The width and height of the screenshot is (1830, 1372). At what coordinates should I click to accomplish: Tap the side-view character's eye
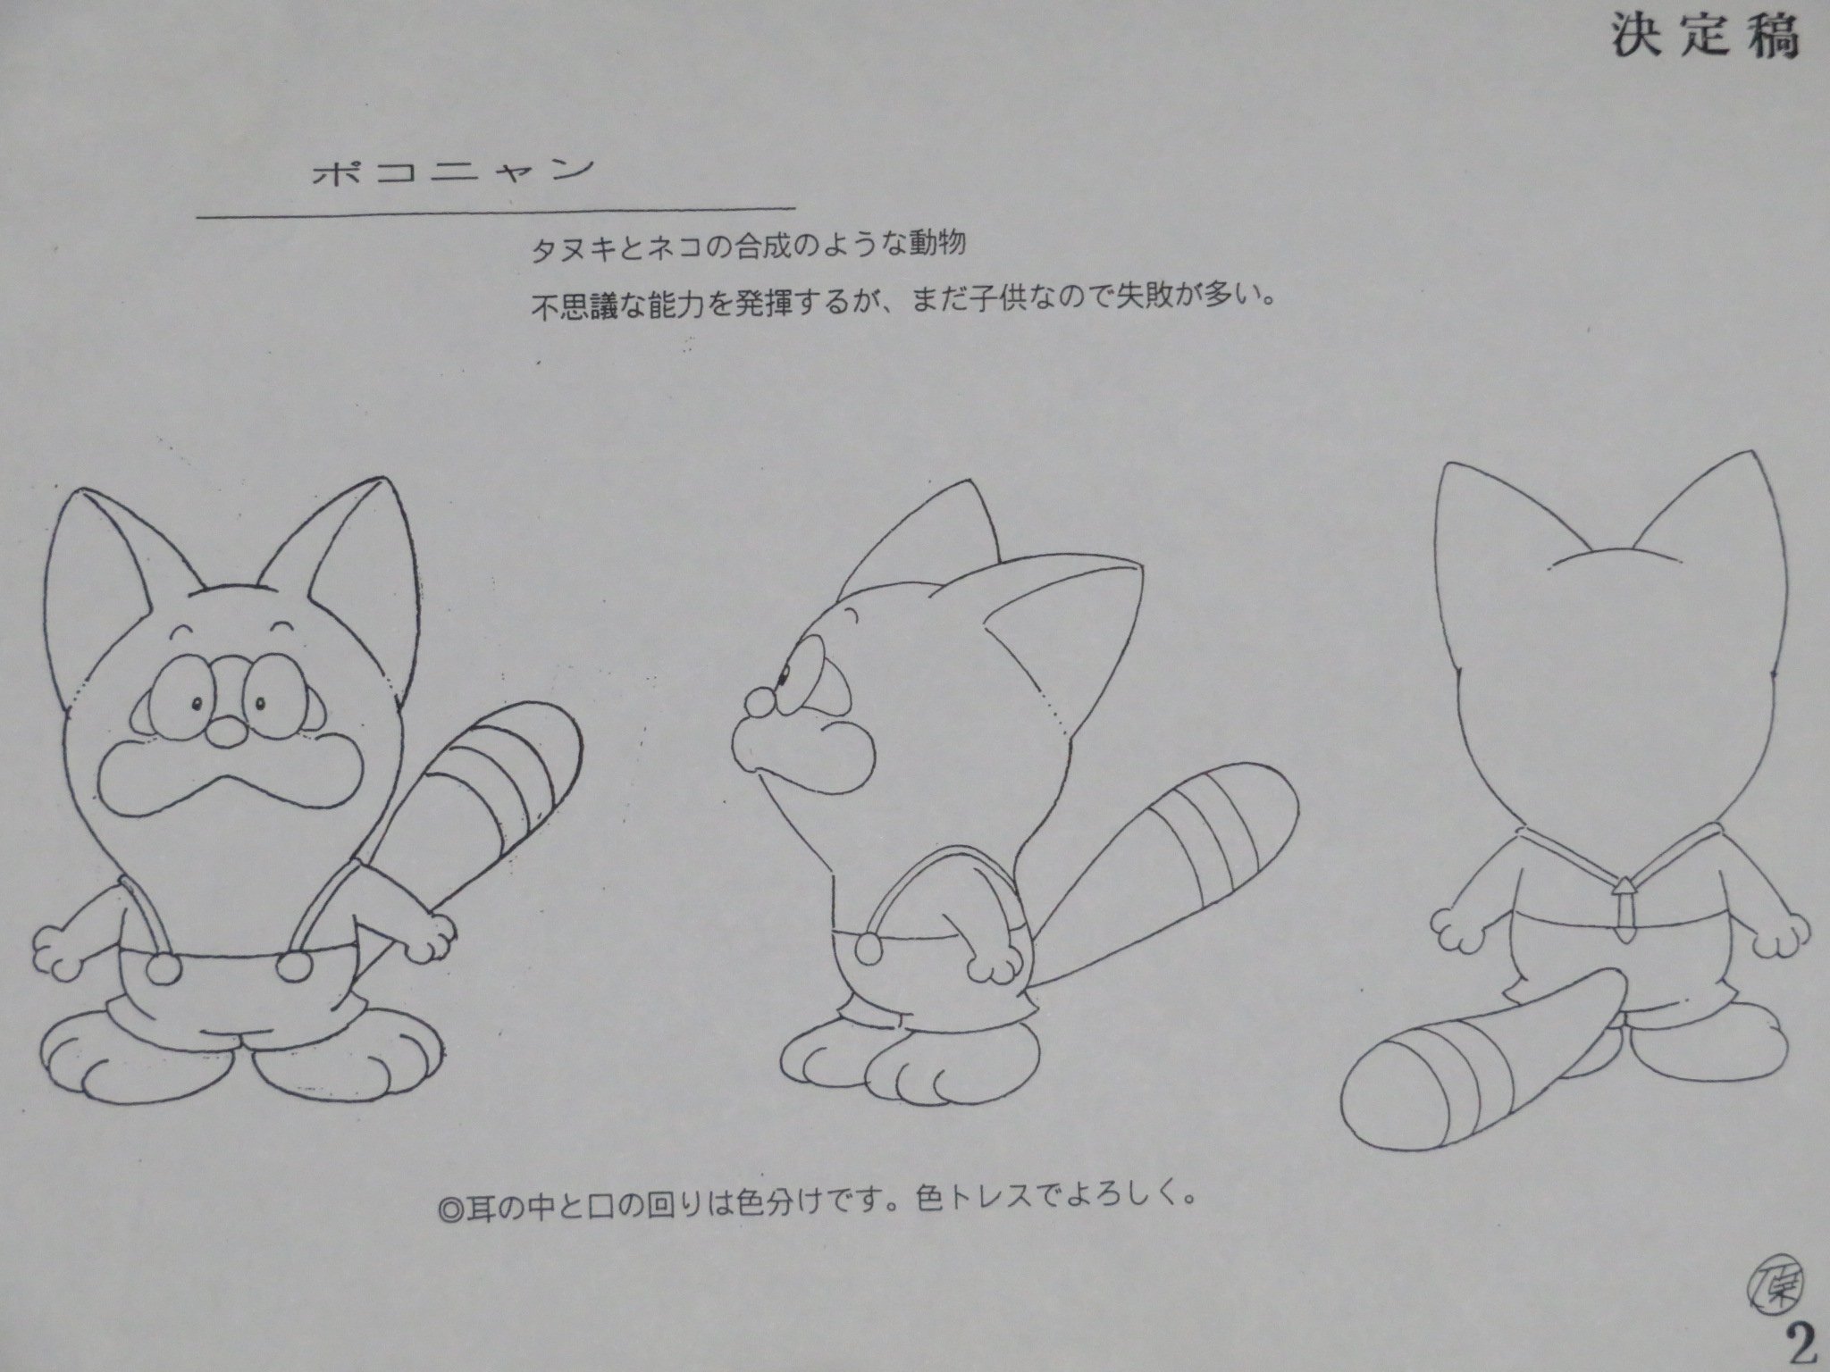click(x=789, y=675)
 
